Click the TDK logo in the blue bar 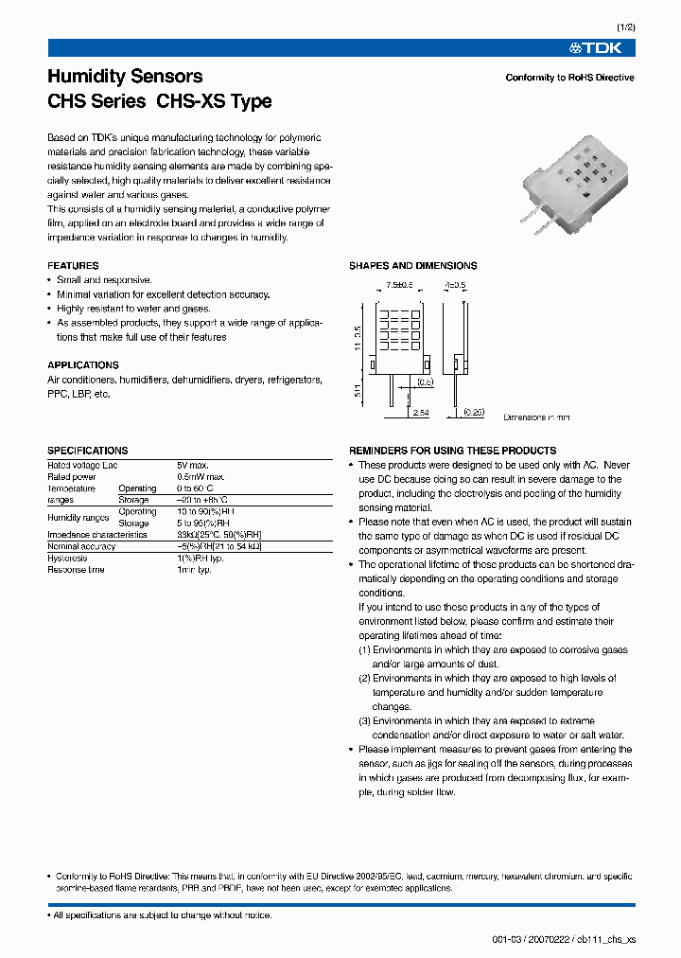click(x=602, y=48)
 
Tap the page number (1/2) click(x=624, y=27)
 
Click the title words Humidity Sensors click(x=125, y=77)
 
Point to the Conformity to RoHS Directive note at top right click(x=569, y=78)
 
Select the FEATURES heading click(x=73, y=266)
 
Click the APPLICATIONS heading click(x=83, y=365)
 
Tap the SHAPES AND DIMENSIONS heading click(x=412, y=266)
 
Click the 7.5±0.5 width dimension click(x=400, y=285)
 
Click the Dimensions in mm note click(x=536, y=417)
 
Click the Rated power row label click(x=71, y=477)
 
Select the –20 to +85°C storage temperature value click(x=201, y=500)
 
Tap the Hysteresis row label click(x=68, y=559)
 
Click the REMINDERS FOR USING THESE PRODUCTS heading click(x=453, y=451)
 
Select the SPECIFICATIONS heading click(x=87, y=451)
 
